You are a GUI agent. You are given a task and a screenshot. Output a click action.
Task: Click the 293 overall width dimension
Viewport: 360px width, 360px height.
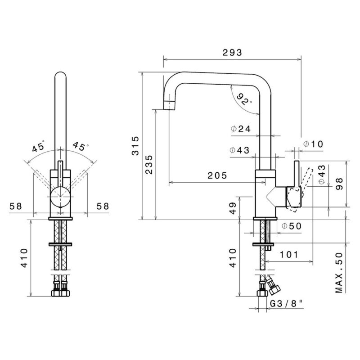[232, 53]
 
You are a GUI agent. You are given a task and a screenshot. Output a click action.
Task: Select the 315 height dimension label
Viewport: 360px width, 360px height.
[136, 146]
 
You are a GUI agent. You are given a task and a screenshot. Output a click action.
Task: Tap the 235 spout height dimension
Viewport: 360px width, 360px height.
[149, 165]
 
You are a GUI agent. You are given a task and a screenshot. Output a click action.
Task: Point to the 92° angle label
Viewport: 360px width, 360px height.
[244, 99]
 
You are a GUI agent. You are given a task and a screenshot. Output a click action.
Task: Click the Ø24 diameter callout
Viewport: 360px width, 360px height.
[241, 129]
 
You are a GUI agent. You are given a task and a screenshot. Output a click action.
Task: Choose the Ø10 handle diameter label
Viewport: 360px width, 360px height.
[313, 144]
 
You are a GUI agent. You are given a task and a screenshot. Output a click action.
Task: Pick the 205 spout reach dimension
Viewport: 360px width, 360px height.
[217, 175]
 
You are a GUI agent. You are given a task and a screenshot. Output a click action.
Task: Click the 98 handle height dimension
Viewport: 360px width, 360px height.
[339, 184]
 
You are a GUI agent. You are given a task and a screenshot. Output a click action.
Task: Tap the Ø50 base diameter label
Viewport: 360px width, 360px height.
[292, 226]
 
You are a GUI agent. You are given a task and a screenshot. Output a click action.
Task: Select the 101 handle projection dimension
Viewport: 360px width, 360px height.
[289, 255]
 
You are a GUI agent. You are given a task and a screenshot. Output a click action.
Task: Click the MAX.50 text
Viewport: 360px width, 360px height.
[339, 273]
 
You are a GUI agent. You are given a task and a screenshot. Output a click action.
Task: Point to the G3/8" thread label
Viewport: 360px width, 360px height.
[286, 304]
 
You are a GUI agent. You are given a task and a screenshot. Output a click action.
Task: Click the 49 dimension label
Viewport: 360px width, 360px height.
[233, 208]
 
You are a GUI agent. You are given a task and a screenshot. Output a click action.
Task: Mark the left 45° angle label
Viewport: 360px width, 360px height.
[39, 147]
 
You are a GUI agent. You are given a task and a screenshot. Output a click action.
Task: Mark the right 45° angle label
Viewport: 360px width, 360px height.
[81, 146]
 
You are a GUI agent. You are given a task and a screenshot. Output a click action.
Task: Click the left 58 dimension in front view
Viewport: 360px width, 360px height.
[16, 206]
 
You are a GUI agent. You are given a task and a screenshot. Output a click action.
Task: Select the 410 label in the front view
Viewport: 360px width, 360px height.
[24, 258]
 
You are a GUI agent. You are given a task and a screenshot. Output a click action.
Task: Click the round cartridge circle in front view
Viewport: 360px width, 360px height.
[60, 197]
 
